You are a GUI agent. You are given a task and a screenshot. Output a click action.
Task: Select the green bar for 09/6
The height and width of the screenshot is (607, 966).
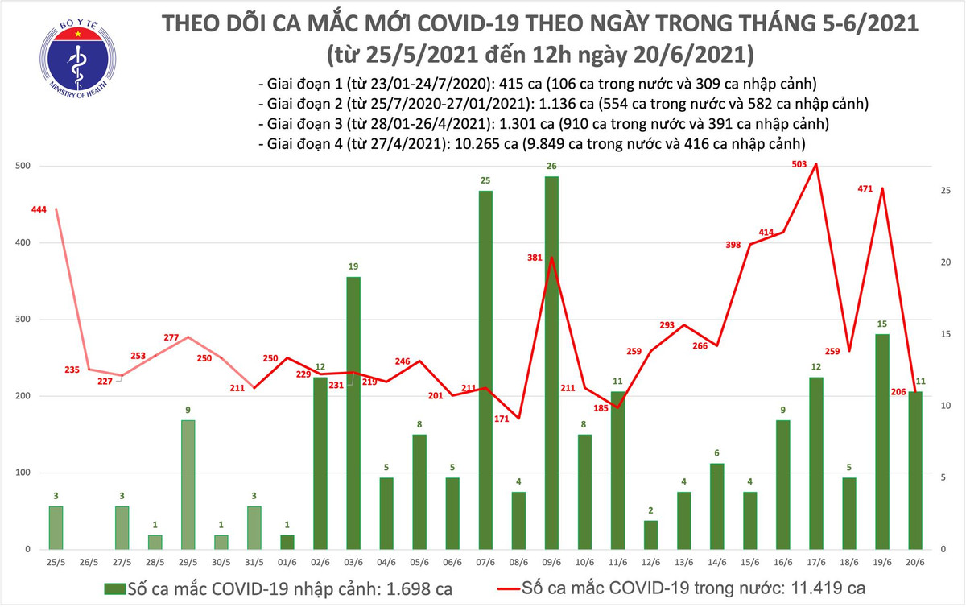tap(551, 362)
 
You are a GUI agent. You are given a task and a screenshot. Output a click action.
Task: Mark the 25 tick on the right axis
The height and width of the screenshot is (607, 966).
tap(946, 191)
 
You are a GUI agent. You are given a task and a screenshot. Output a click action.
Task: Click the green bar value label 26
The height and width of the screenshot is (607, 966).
tap(551, 167)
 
